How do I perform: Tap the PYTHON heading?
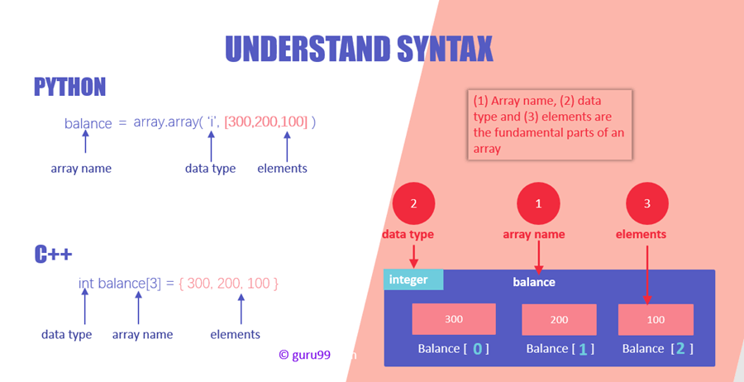(x=69, y=87)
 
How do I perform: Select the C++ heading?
(x=53, y=255)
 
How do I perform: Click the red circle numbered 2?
(x=414, y=204)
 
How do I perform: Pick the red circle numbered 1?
(x=538, y=204)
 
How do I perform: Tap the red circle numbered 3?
(x=647, y=204)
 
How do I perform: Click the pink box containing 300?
(x=454, y=319)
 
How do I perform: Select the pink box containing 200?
(x=559, y=320)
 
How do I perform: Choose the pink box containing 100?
(x=656, y=320)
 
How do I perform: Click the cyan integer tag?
(x=413, y=279)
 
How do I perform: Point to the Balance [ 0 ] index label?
(x=454, y=349)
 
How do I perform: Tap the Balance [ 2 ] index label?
(x=658, y=349)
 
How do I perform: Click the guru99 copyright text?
(x=304, y=355)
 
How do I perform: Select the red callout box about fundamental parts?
(x=550, y=124)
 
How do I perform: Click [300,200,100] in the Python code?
(x=266, y=122)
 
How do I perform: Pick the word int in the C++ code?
(x=86, y=284)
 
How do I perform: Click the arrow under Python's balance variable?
(x=85, y=141)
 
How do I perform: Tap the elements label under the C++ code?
(x=236, y=335)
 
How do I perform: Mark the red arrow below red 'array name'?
(x=539, y=256)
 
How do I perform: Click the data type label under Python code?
(x=210, y=169)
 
